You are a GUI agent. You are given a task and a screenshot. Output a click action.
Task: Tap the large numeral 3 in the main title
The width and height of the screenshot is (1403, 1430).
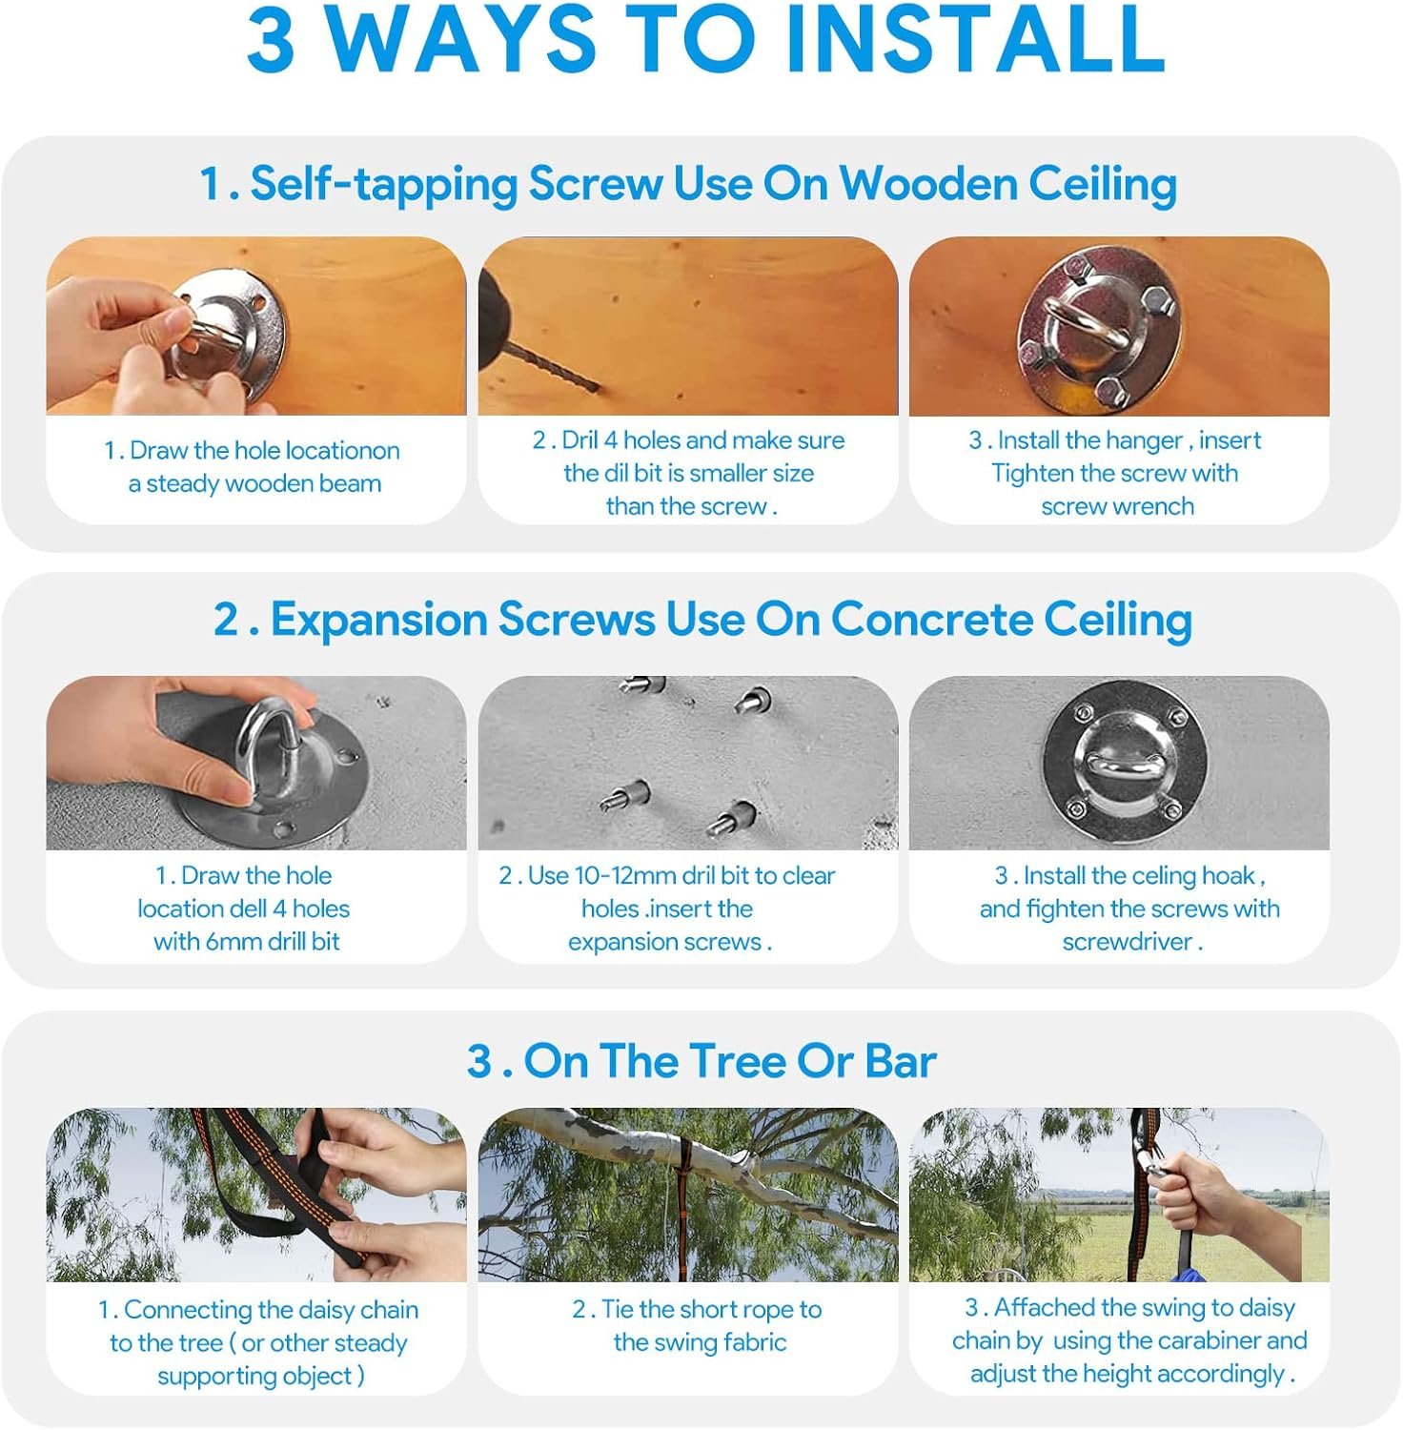[x=271, y=39]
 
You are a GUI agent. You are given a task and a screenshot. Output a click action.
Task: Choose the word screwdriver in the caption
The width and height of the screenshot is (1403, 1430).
[x=1127, y=942]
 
